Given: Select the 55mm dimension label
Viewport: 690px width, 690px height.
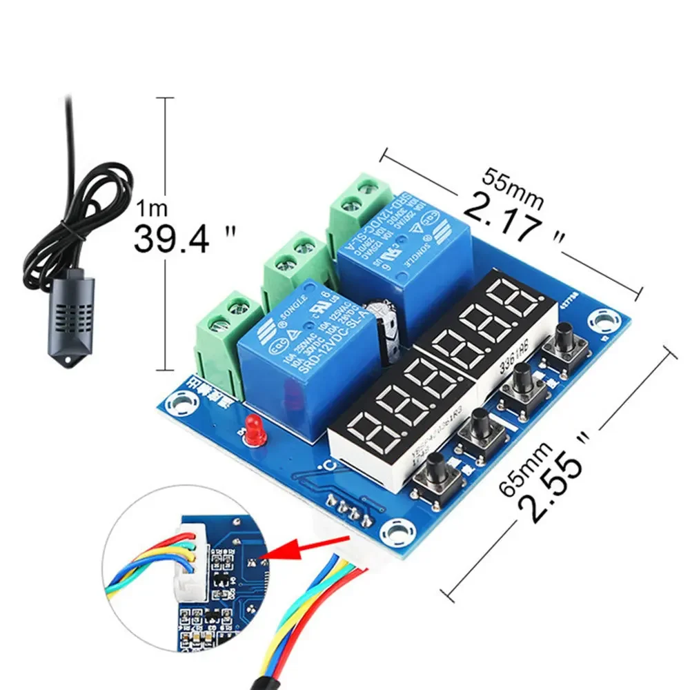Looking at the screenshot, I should [513, 186].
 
